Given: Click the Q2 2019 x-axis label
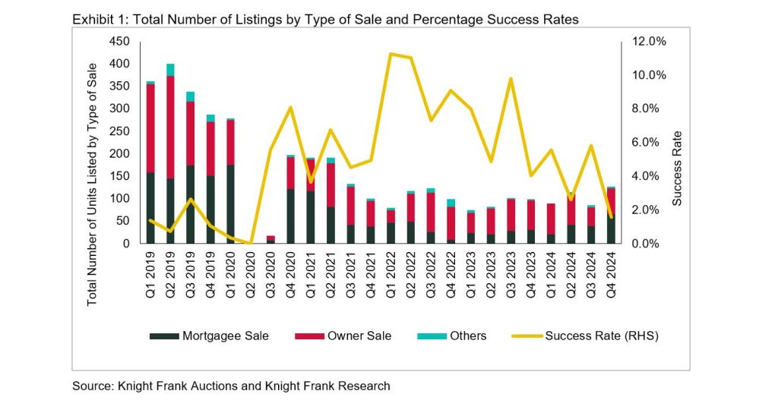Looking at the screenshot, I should click(x=171, y=276).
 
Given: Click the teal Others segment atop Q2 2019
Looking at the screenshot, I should click(x=171, y=70).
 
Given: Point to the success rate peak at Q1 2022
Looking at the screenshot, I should click(x=390, y=54).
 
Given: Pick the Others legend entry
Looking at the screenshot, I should click(x=457, y=336).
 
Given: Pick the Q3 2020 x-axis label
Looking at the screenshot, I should click(x=270, y=276).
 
